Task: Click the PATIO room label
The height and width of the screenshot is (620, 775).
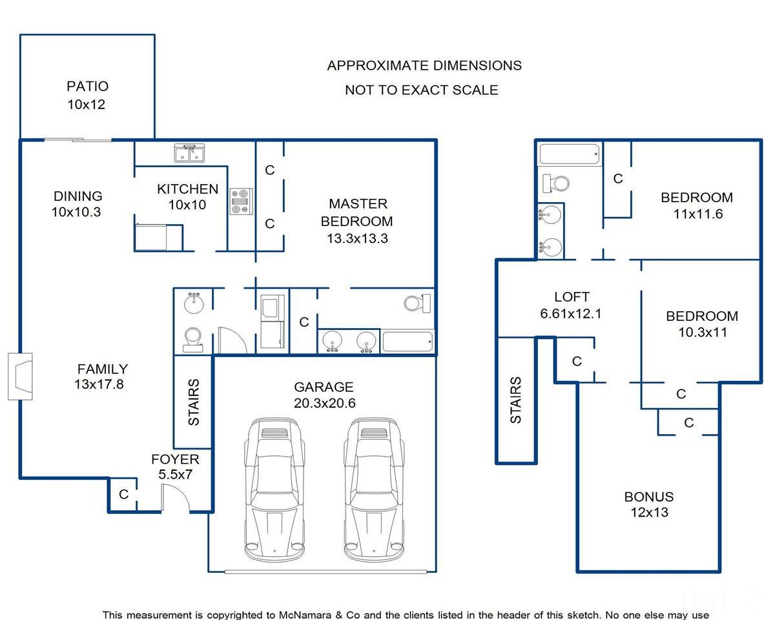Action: click(88, 87)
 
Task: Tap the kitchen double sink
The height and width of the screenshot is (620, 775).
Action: click(189, 153)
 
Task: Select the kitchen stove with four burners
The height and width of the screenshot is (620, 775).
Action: click(242, 201)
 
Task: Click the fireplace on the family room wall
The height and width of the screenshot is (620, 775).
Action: click(20, 377)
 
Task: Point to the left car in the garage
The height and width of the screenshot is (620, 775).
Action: click(274, 490)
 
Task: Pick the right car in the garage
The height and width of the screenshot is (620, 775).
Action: click(374, 490)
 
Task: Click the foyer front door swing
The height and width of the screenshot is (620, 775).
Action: click(176, 498)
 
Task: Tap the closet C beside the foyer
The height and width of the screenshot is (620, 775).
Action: click(123, 494)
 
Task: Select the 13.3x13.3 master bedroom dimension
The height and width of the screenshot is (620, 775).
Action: click(357, 238)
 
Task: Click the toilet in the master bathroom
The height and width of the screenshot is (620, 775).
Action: click(417, 304)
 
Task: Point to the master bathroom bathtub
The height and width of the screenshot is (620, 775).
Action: click(408, 342)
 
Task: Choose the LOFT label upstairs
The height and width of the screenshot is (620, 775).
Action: click(572, 297)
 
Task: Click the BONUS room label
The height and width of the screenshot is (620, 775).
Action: click(649, 497)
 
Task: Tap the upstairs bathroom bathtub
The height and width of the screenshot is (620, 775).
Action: click(570, 154)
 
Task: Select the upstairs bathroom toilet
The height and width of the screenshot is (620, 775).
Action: click(555, 183)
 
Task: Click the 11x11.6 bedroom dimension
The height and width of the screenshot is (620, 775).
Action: click(698, 214)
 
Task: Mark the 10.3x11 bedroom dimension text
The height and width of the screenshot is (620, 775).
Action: click(703, 332)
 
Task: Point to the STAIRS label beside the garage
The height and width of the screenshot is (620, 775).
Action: click(194, 402)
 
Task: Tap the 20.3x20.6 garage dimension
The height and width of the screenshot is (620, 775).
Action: click(324, 403)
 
